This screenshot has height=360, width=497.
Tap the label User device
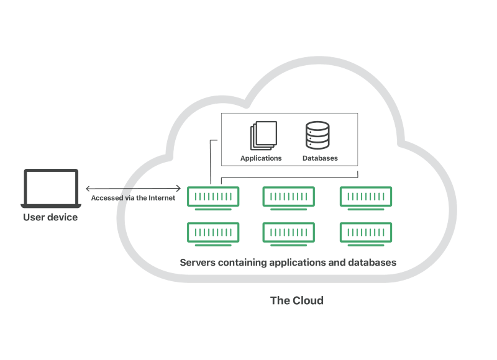(x=50, y=217)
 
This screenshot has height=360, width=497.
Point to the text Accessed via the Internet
(x=133, y=198)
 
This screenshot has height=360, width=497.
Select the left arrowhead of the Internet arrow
(x=88, y=188)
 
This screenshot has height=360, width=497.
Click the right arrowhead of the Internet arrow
(x=178, y=188)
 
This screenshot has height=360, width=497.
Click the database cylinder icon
(x=317, y=135)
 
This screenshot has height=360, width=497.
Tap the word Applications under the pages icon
(x=261, y=158)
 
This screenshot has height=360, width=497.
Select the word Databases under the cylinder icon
(x=320, y=158)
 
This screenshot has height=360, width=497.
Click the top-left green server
(x=213, y=197)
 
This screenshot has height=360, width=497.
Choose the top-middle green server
(x=289, y=197)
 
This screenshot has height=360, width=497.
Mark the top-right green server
(x=366, y=197)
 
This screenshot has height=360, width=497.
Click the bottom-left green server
(x=213, y=232)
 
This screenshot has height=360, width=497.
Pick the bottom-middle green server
(x=289, y=232)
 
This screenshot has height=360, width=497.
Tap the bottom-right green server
(x=366, y=232)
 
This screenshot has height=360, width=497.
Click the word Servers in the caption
(x=197, y=263)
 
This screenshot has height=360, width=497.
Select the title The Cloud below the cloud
(x=297, y=300)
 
